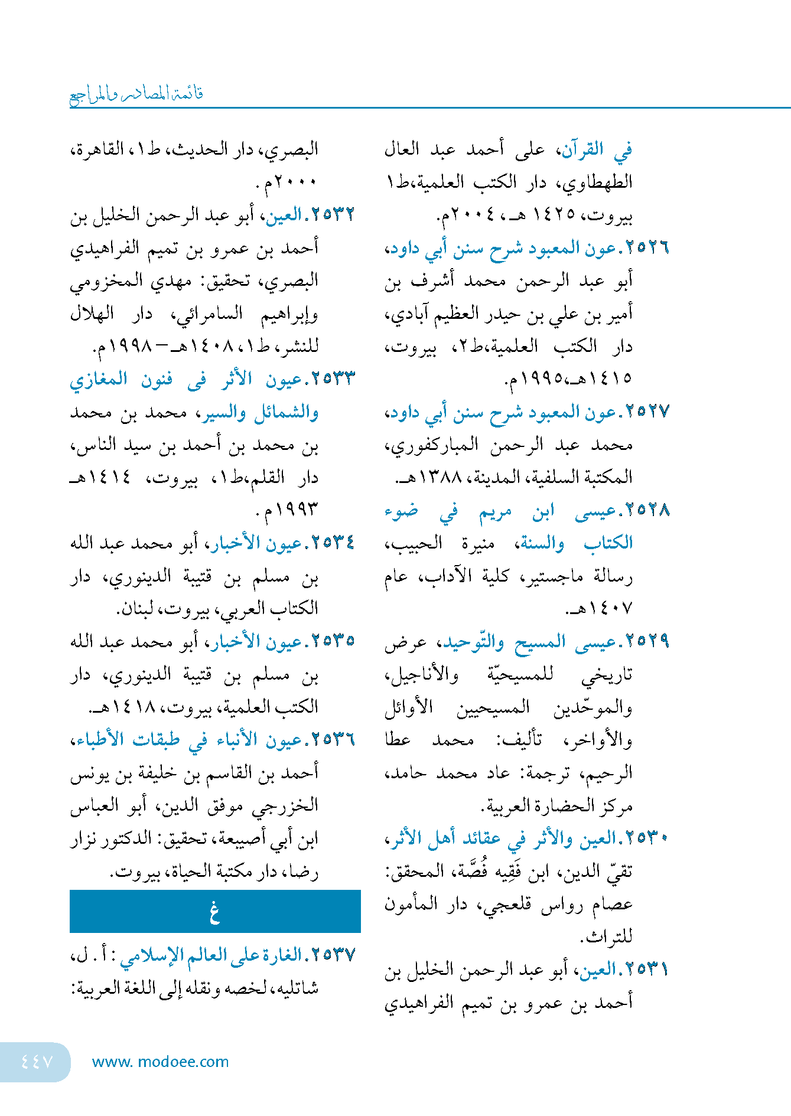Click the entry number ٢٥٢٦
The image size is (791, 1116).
tap(647, 248)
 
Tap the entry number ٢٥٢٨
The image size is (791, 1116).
tap(647, 510)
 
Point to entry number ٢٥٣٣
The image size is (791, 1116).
tap(334, 379)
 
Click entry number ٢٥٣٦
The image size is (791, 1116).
tap(334, 739)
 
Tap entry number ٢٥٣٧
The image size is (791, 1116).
tap(334, 955)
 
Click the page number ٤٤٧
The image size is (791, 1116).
tap(37, 1062)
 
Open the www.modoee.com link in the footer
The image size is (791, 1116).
tap(161, 1062)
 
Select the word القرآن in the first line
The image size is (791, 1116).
tap(582, 150)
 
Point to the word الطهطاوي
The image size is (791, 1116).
tap(598, 183)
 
